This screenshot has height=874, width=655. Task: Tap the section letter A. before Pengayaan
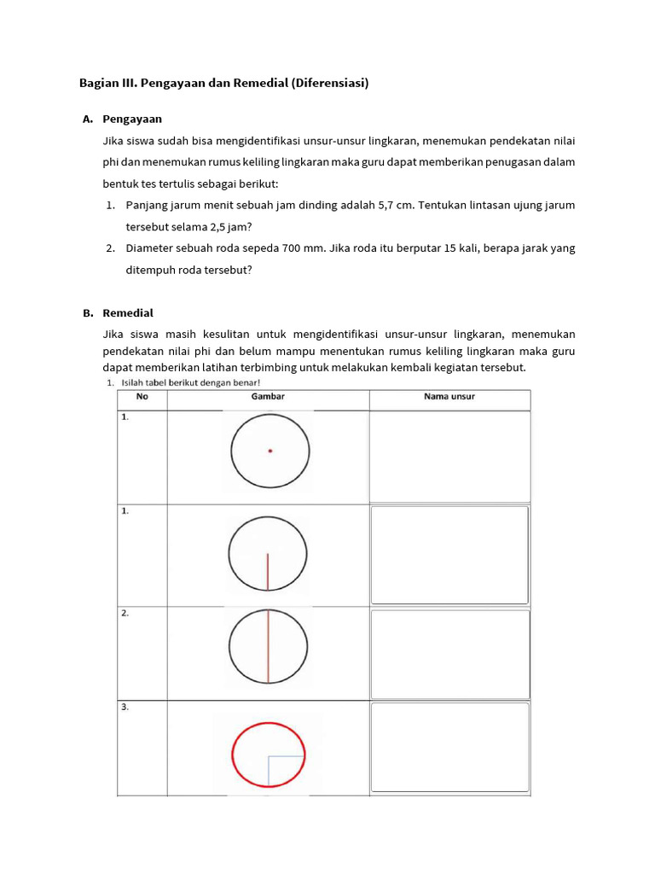pos(88,119)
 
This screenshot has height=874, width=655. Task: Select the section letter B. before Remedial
pos(88,313)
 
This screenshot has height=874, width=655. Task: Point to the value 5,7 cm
pos(396,205)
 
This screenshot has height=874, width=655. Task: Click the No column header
pos(142,397)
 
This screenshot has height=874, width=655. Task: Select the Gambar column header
pos(268,397)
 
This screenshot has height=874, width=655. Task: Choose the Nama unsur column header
pos(449,397)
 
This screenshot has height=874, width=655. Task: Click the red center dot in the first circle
pos(270,451)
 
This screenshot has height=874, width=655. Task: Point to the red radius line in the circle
pos(268,571)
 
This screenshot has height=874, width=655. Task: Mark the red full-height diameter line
pos(268,646)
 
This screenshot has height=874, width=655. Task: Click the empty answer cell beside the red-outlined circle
pos(449,749)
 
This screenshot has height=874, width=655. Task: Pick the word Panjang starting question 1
pos(147,205)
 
